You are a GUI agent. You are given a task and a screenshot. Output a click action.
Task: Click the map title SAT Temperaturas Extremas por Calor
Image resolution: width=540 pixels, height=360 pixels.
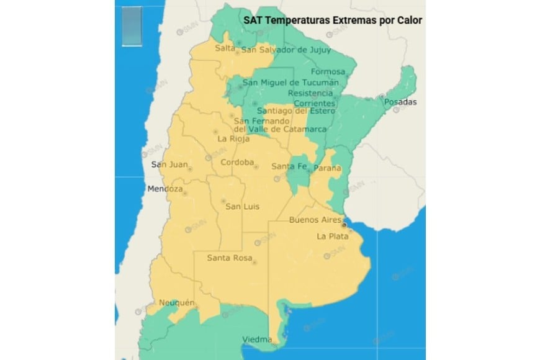click(332, 20)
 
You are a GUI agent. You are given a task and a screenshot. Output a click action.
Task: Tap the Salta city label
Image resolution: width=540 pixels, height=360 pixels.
click(225, 48)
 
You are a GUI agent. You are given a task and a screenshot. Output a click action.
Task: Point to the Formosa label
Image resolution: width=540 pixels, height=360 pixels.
click(328, 71)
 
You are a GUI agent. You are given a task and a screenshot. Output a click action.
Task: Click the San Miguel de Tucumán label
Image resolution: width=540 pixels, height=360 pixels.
click(290, 83)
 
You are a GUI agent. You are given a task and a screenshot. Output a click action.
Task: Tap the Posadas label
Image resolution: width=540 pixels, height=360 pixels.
click(400, 102)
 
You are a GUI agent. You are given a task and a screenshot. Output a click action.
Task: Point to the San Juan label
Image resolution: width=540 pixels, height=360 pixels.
click(168, 164)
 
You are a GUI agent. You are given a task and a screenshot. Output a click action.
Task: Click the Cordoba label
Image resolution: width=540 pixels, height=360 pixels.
click(238, 163)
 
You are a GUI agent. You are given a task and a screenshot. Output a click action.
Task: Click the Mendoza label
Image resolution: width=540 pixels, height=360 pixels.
click(165, 189)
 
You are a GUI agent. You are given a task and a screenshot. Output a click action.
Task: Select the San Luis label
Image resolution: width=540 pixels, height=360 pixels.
click(242, 207)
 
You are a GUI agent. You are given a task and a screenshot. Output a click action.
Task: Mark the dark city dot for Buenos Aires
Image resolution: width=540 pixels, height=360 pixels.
click(344, 227)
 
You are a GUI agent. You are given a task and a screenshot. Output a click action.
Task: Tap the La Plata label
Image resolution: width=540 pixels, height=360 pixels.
click(330, 236)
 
